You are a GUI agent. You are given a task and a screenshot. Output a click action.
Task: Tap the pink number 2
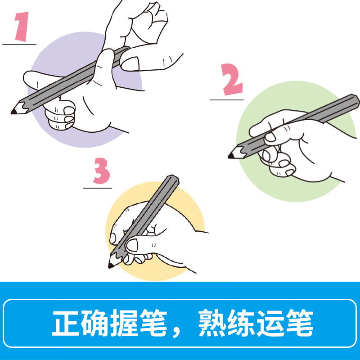[x=232, y=80]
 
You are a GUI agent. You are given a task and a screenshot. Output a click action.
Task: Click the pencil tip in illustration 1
[x=14, y=111]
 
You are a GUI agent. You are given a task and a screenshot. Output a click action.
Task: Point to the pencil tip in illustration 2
[x=231, y=156]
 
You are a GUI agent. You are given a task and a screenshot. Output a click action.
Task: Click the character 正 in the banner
[x=66, y=323]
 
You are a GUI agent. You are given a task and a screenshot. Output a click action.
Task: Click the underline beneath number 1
[x=19, y=45]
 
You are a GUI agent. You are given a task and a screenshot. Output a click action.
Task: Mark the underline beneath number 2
[x=226, y=99]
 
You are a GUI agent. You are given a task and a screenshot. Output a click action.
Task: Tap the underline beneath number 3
[x=97, y=188]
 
